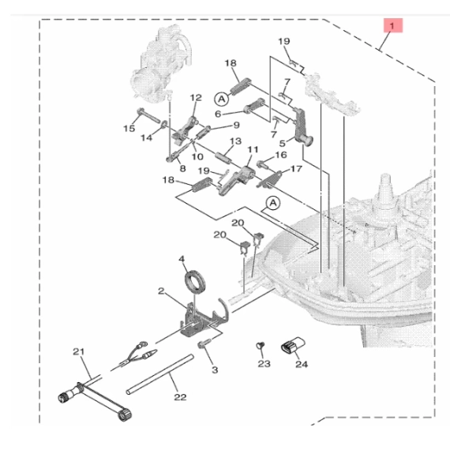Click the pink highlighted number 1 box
coord(393,25)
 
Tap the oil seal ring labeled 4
coord(195,281)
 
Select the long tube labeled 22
coord(159,374)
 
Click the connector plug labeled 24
coord(293,346)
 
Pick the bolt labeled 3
coord(204,343)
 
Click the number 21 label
coord(78,351)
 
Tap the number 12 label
coord(196,98)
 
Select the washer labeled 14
coord(164,124)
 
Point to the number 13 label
coord(235,141)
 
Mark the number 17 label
coord(297,169)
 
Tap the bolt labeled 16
coord(263,164)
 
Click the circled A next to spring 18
coord(222,99)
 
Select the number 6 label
coord(218,114)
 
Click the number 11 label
coord(253,149)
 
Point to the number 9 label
coord(236,125)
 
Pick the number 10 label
coord(197,156)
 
